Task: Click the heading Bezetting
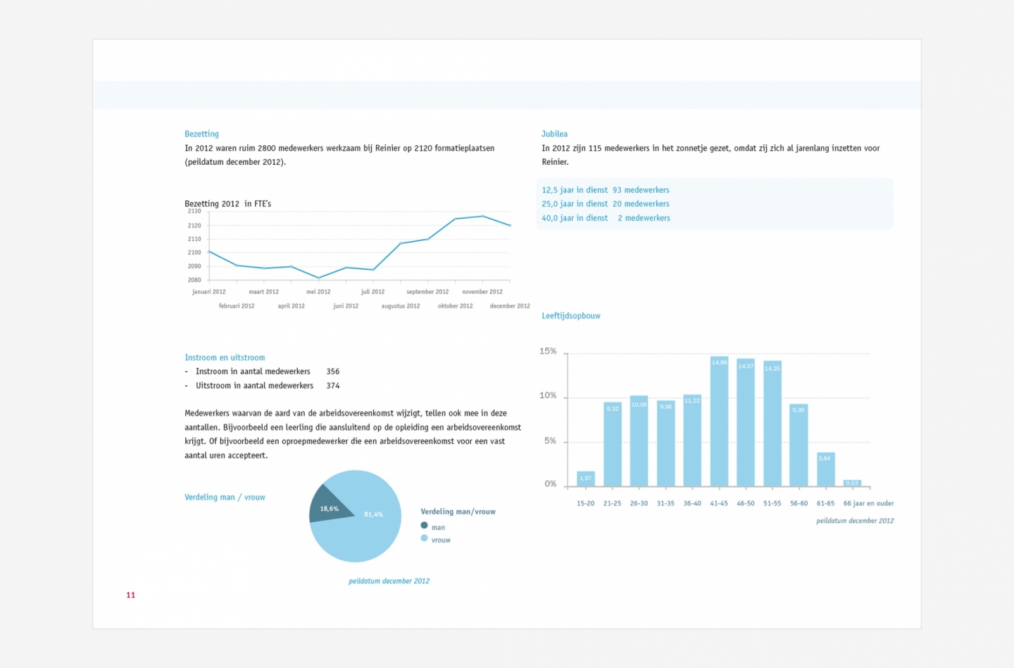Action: (201, 134)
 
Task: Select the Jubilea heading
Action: (554, 134)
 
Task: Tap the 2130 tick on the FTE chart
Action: (194, 211)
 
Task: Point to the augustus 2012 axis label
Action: (401, 306)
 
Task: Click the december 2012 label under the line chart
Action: (510, 306)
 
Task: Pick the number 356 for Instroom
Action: (333, 371)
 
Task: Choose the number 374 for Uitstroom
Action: (333, 385)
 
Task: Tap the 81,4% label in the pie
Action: (373, 514)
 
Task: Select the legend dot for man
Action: (424, 526)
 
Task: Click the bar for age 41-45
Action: (719, 423)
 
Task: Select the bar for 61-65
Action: (825, 470)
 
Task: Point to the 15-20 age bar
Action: (585, 479)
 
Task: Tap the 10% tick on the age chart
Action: (548, 396)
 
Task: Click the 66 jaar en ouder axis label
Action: (868, 503)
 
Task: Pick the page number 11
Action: (130, 595)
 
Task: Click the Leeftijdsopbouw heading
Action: (570, 316)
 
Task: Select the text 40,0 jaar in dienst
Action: (575, 218)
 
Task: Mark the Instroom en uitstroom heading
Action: (225, 357)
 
